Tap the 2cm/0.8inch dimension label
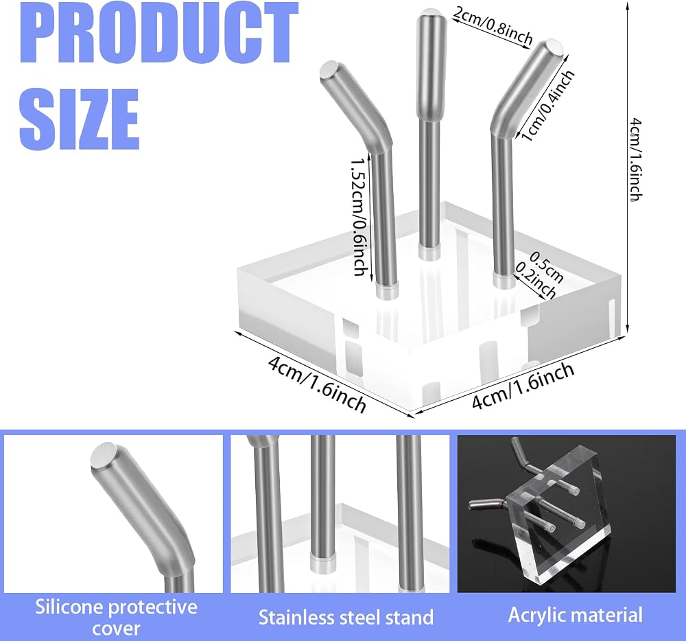point(493,26)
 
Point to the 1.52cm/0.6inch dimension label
point(359,217)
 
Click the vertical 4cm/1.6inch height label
point(636,159)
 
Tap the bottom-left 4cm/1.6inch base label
point(317,384)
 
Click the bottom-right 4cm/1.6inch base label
point(523,386)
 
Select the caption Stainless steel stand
point(346,618)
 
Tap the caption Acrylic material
point(576,615)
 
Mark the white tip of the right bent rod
point(554,47)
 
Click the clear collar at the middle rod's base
point(429,253)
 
